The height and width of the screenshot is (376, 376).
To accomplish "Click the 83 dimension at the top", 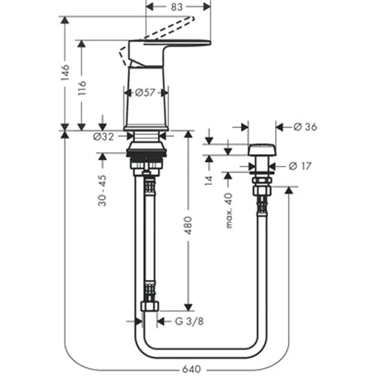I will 178,7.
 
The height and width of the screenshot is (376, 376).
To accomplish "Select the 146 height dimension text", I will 65,72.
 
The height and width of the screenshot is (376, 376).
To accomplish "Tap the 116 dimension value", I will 82,87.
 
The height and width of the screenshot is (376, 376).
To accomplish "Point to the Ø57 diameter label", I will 145,92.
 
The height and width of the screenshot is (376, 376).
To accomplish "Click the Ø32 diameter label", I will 104,136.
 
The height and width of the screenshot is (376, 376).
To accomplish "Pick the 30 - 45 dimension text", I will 102,189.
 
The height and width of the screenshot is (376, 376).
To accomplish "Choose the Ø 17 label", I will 301,166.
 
